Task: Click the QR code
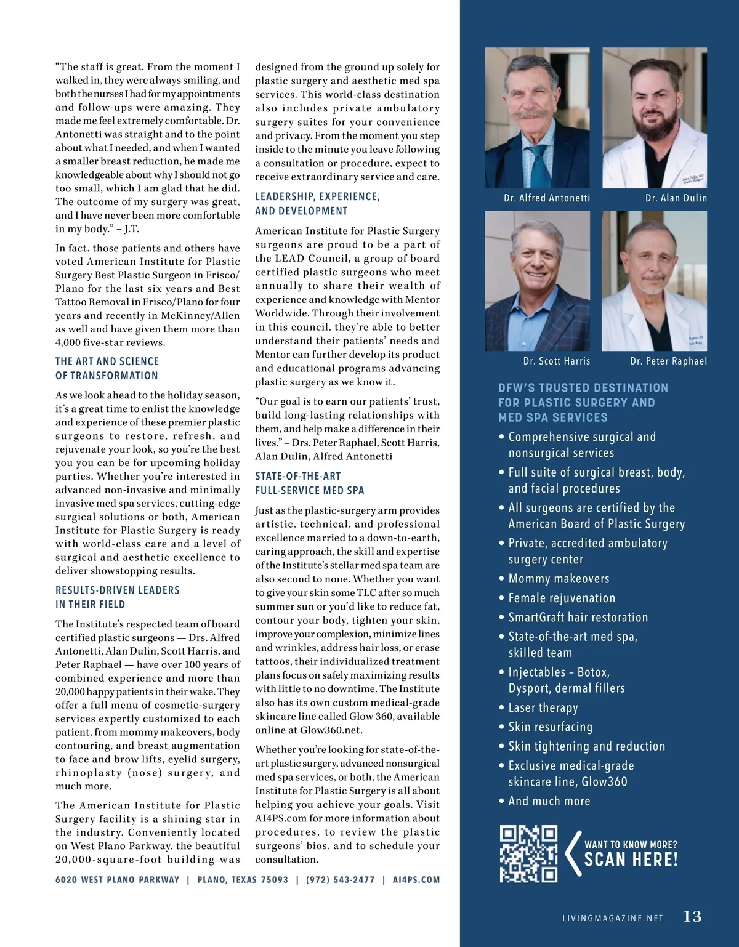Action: (528, 853)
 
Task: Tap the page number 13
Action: (692, 917)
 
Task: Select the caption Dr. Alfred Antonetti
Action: (547, 198)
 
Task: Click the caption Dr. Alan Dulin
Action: (676, 198)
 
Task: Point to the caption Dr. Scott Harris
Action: (557, 361)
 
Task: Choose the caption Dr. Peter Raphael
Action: (669, 361)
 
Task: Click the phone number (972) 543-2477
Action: (340, 880)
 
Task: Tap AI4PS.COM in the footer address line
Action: (416, 880)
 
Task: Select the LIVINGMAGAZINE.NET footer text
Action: (613, 918)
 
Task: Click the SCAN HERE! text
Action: (631, 860)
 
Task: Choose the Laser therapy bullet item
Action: (543, 707)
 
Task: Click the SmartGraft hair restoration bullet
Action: (578, 617)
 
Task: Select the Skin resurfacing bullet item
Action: (550, 727)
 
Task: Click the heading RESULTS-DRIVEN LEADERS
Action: (118, 590)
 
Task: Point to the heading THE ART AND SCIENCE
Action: (107, 361)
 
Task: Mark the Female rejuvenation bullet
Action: (562, 598)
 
